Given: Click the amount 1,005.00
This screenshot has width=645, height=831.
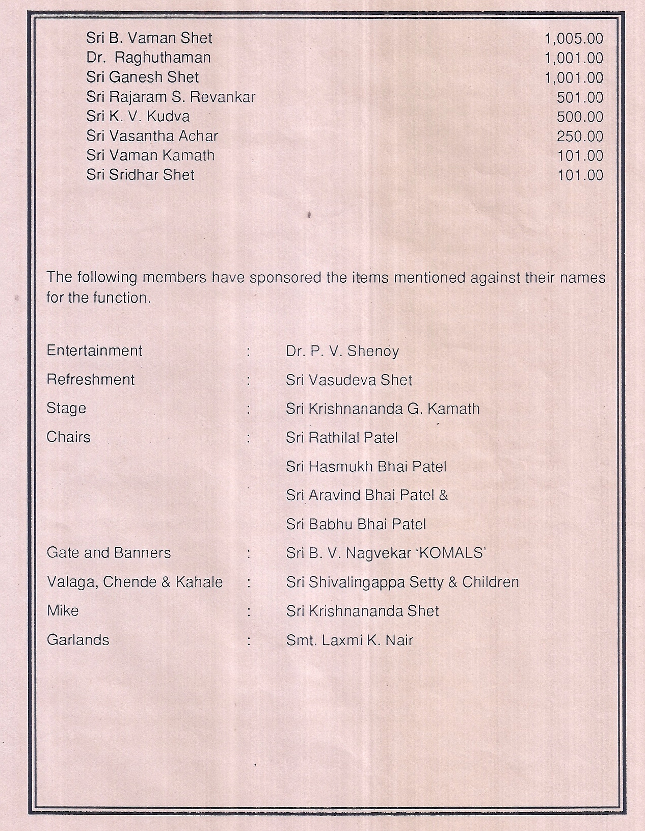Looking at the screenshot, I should pos(574,38).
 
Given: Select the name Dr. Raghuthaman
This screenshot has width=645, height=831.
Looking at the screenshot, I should pos(148,58).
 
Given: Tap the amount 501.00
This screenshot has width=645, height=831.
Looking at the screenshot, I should pos(580,97).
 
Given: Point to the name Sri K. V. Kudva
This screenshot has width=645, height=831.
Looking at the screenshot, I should pos(138,116).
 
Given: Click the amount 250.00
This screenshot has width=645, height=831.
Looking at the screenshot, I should pos(580,136).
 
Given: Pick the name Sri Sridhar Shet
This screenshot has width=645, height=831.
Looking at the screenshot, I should pos(140,175).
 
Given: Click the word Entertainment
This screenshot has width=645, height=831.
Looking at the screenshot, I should pos(94,351).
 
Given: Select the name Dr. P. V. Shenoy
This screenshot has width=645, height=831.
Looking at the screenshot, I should pos(342,351).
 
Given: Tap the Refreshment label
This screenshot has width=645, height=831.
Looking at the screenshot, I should pos(91,380).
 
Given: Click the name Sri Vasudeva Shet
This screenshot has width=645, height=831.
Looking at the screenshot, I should pos(349,380).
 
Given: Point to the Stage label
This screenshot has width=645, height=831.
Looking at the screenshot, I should pos(66,409).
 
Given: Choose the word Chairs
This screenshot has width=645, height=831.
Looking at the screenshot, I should pos(68,437).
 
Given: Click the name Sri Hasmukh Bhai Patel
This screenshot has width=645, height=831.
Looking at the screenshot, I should pos(366,466).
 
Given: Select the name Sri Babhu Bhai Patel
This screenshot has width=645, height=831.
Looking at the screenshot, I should pos(356,524).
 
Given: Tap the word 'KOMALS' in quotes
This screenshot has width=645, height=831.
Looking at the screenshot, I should pos(450,553).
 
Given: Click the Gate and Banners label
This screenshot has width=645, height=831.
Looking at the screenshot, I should pos(109,553).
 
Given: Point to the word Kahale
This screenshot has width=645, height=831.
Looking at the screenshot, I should pos(199,582).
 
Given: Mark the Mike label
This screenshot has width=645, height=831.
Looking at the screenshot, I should pos(63,610).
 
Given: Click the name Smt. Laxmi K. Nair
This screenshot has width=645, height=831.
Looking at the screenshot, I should pos(349,640).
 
